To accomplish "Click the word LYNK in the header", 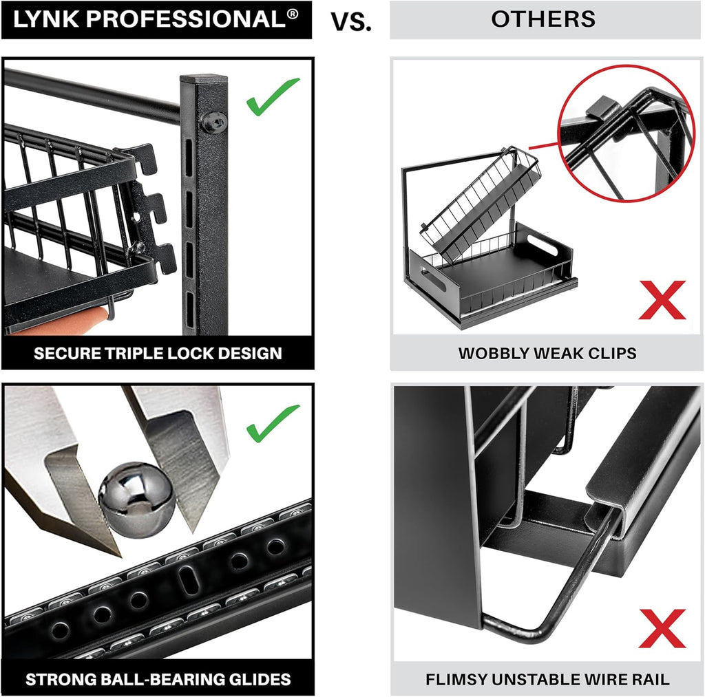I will pyautogui.click(x=47, y=20).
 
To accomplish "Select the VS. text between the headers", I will pyautogui.click(x=350, y=21).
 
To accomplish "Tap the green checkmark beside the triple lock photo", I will pyautogui.click(x=273, y=96).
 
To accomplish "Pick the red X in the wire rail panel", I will pyautogui.click(x=662, y=628).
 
